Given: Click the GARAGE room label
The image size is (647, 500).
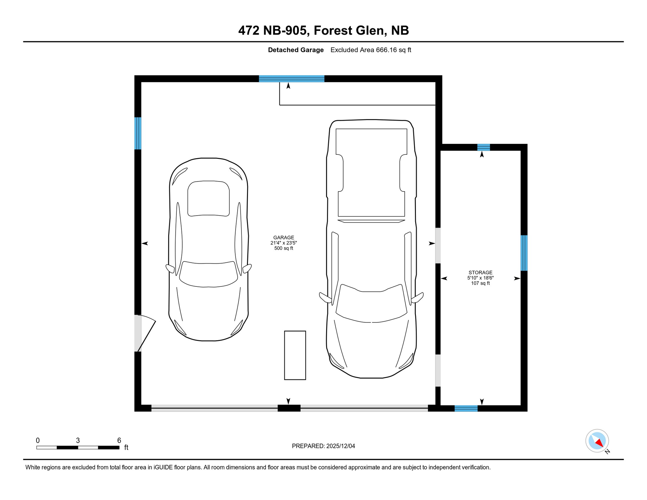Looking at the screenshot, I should tap(283, 243).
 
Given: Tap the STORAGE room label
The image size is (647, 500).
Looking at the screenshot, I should tap(480, 278).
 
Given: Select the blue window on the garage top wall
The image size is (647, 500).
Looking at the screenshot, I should tap(292, 78).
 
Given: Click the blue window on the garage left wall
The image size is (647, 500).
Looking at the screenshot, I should tap(138, 133).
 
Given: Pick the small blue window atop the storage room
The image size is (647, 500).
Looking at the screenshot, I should tap(483, 147).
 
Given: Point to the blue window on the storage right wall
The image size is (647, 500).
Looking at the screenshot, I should tap(524, 253).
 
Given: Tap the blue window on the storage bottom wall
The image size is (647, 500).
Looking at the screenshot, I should tap(466, 409).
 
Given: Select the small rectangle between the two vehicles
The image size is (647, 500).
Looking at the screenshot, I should tap(295, 355).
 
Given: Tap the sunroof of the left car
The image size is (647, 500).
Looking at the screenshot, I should tap(209, 198).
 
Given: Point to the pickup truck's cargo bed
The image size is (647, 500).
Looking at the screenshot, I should tap(371, 173).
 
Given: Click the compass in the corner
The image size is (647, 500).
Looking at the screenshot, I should tap(597, 441).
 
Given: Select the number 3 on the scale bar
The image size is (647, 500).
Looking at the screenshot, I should tap(78, 440).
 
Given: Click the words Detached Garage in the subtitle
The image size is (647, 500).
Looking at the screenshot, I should tap(296, 50).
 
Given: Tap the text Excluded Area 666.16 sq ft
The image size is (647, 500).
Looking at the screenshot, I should tap(371, 50).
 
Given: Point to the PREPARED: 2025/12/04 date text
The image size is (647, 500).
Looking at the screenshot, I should tap(323, 446).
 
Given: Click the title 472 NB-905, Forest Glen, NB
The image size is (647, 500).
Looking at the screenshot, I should tap(323, 30).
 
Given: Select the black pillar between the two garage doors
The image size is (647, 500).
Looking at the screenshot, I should tap(289, 408).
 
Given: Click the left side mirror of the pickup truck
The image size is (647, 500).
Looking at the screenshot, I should tap(325, 298).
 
